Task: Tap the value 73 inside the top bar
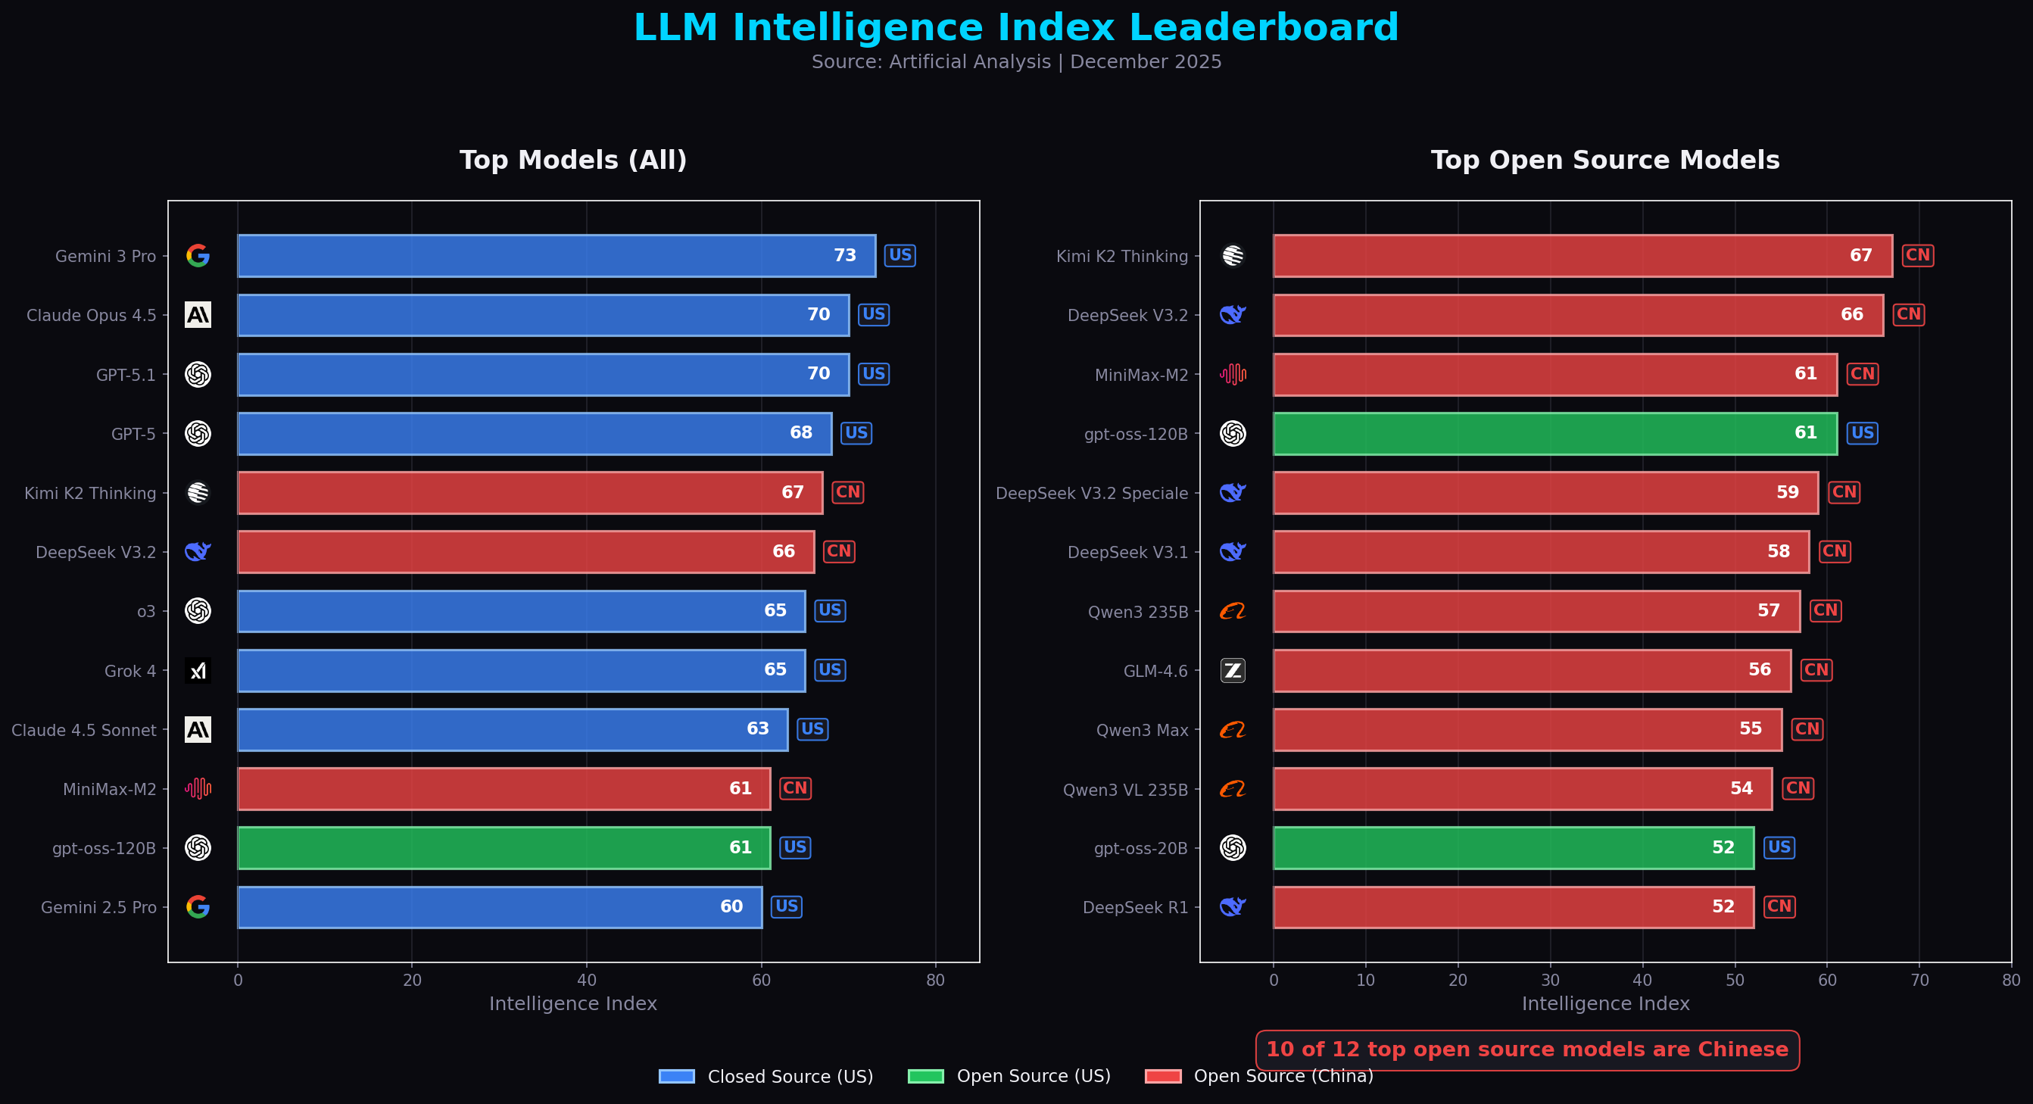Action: click(844, 256)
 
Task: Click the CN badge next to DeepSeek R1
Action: click(1779, 906)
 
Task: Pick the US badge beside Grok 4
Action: click(829, 670)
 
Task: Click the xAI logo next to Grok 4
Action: click(198, 671)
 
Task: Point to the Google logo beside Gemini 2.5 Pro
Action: click(198, 906)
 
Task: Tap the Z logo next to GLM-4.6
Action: click(1232, 671)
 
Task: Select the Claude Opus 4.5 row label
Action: click(92, 316)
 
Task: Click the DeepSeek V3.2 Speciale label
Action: click(1092, 493)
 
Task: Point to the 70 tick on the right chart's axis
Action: click(1919, 980)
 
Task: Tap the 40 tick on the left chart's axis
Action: click(586, 980)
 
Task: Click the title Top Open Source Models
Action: click(1604, 161)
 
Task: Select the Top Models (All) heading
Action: click(573, 161)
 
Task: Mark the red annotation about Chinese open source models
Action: click(1526, 1049)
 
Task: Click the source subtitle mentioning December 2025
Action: click(1015, 61)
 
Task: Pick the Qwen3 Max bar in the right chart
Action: click(1526, 729)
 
